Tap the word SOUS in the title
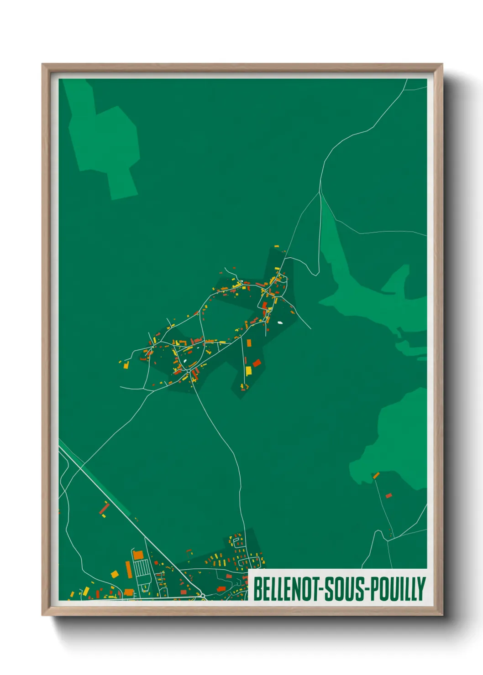pos(345,589)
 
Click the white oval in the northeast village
pos(279,323)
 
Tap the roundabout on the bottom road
pos(202,595)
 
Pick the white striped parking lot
pos(142,568)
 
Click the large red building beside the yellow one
pos(257,363)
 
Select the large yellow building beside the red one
pos(248,370)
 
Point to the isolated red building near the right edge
pos(388,495)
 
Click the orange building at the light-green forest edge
pos(376,476)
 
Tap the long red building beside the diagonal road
pos(105,507)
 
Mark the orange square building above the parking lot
pos(138,555)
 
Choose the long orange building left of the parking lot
pos(129,569)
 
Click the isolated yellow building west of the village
pos(126,365)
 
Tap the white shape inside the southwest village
pos(185,362)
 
